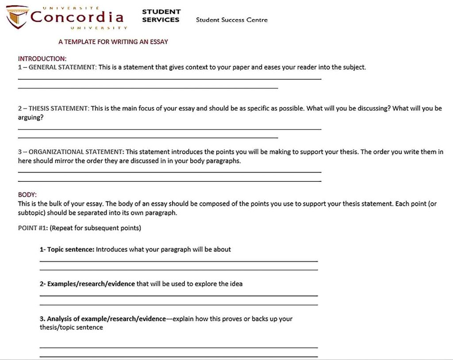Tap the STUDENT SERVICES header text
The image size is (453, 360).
tap(161, 16)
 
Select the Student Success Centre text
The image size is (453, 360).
tap(231, 19)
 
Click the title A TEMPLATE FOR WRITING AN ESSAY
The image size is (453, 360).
tap(113, 42)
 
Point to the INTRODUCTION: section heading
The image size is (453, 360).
tap(42, 58)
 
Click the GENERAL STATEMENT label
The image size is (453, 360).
tap(62, 67)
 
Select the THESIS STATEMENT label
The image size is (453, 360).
tap(59, 108)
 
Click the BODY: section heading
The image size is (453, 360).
tap(27, 195)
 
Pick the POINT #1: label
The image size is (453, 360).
tap(33, 228)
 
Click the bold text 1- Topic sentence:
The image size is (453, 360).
tap(67, 249)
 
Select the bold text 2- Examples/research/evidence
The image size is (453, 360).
tap(87, 284)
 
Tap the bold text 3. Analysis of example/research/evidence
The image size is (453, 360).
tap(103, 319)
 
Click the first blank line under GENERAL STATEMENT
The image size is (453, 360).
tap(169, 79)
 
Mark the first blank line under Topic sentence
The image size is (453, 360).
tap(179, 261)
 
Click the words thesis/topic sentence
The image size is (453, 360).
tap(71, 328)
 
